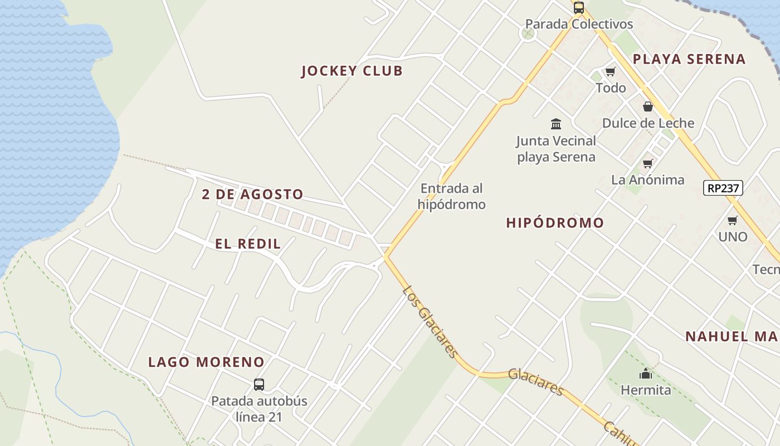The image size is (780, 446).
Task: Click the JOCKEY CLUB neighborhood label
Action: tap(352, 71)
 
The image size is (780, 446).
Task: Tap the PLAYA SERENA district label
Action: tap(689, 59)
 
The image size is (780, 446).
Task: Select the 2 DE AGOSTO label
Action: tap(252, 195)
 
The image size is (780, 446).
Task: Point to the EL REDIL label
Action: tap(248, 244)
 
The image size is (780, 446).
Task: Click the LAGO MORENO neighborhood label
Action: tap(206, 362)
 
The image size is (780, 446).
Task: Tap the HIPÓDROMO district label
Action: tap(555, 223)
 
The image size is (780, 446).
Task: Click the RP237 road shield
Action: tap(723, 188)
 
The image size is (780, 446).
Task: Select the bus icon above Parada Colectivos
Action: tap(579, 8)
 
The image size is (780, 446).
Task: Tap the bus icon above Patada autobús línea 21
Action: tap(259, 384)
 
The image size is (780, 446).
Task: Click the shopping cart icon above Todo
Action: tap(611, 71)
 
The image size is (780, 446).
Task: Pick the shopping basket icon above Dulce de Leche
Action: tap(648, 106)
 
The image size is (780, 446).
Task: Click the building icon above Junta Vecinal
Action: tap(556, 124)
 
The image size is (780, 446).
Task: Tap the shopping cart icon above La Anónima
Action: tap(647, 163)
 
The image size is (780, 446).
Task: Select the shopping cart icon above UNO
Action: tap(733, 220)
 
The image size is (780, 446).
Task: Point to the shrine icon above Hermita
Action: tap(646, 374)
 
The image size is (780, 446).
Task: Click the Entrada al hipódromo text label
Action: tap(451, 196)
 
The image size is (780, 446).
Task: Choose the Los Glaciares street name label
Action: tap(431, 322)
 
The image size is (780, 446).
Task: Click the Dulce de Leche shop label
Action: tap(648, 123)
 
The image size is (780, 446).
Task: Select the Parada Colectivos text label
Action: tap(579, 25)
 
